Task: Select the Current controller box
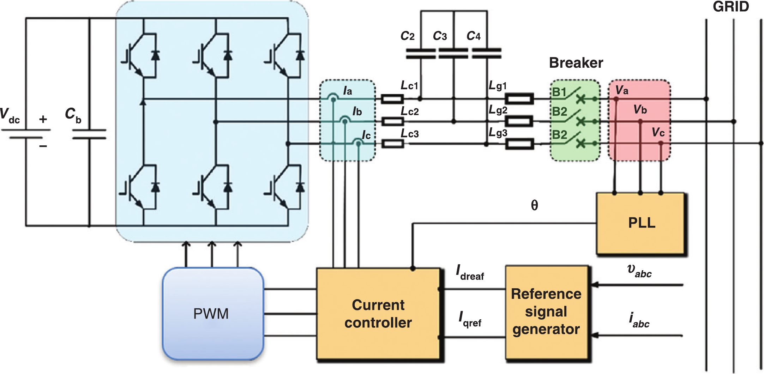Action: pos(378,314)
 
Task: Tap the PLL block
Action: pos(641,223)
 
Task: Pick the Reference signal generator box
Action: pos(546,312)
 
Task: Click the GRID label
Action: pos(730,7)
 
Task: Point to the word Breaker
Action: pos(576,63)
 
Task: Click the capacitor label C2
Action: pos(408,36)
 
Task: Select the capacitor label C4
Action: pos(474,36)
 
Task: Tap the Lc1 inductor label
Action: pos(409,85)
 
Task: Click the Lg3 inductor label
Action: pos(498,133)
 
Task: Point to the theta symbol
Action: pos(534,205)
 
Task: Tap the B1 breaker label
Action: pos(559,92)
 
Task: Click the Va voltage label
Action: pos(622,90)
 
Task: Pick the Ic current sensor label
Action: pos(366,135)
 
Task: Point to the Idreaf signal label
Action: pos(470,273)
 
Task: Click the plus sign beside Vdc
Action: pos(43,119)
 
